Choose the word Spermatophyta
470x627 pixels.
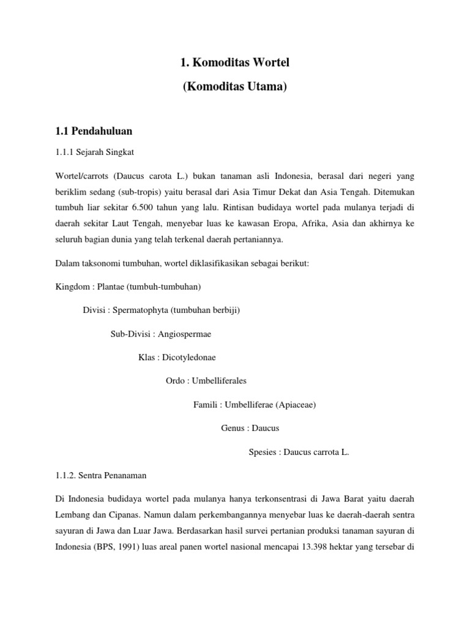tap(140, 310)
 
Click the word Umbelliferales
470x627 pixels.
tap(219, 381)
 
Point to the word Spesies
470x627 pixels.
tap(263, 452)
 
